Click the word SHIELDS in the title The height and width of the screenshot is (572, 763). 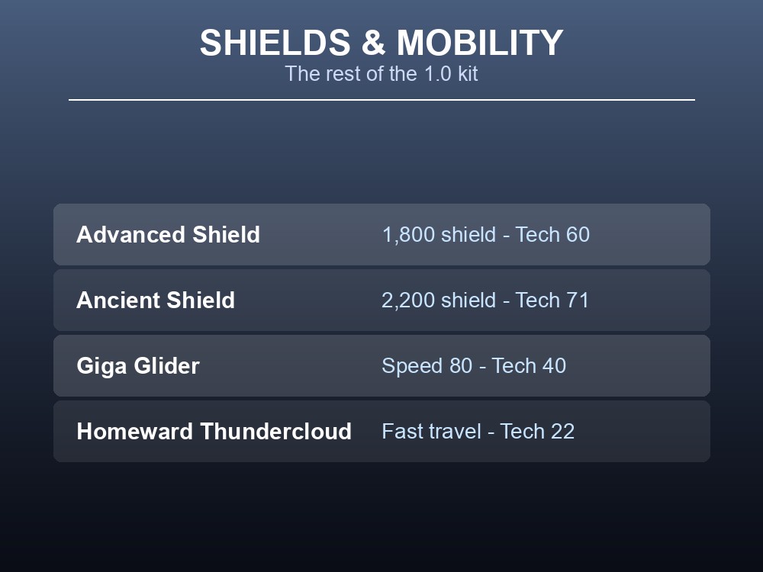tap(275, 43)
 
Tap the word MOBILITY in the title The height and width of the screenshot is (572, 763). tap(480, 43)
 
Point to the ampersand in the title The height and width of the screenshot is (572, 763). tap(373, 43)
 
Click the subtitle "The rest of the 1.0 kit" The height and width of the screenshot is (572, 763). tap(381, 74)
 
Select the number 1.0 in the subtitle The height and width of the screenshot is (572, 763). tap(437, 74)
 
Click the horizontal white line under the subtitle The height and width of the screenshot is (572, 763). tap(381, 100)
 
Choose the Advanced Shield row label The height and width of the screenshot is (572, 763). tap(169, 234)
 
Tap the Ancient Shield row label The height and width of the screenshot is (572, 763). tap(156, 300)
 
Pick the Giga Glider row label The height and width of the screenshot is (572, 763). tap(138, 366)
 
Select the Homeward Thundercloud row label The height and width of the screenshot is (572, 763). tap(214, 432)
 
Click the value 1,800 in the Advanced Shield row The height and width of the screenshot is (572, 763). tap(409, 235)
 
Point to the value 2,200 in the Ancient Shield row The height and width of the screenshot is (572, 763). tap(408, 300)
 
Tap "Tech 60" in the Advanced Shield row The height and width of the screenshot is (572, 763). tap(552, 234)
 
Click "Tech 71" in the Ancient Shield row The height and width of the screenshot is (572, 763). tap(552, 300)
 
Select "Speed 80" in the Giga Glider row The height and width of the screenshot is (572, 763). tap(427, 366)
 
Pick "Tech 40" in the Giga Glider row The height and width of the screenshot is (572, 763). tap(529, 366)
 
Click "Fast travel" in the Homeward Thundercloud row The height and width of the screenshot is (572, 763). tap(432, 432)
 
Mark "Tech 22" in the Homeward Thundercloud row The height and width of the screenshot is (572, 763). tap(538, 432)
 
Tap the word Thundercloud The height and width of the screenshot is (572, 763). tap(276, 432)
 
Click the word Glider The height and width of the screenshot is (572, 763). tap(167, 366)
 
